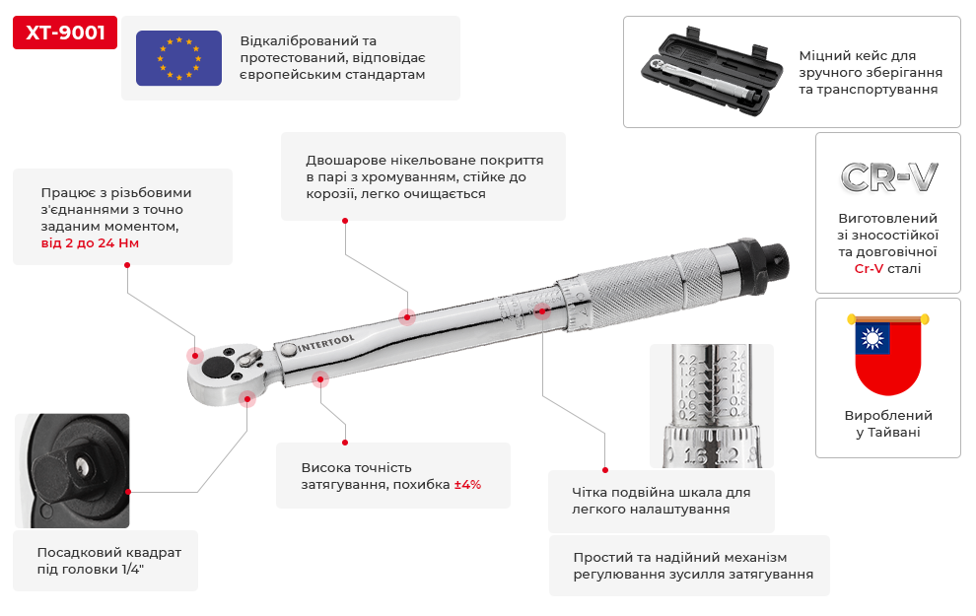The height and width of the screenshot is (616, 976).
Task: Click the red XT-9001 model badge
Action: tap(65, 33)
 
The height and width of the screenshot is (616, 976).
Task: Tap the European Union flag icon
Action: tap(178, 56)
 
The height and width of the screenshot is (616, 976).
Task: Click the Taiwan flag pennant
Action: tap(887, 354)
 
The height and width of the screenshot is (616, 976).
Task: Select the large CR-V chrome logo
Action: tap(888, 177)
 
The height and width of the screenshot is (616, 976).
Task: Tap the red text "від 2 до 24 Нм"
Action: tap(90, 242)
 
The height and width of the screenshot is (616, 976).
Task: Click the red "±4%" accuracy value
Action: tap(467, 485)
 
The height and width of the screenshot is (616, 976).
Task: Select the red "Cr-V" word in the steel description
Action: tap(869, 268)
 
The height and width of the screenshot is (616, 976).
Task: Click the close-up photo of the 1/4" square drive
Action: tap(72, 470)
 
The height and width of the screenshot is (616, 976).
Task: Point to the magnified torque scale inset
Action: tap(711, 405)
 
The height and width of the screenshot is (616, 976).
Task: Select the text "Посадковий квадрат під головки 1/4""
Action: tap(108, 561)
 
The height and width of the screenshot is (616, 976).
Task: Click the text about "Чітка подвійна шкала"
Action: tap(661, 501)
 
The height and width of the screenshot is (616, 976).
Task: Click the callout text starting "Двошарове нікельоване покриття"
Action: tap(424, 176)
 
